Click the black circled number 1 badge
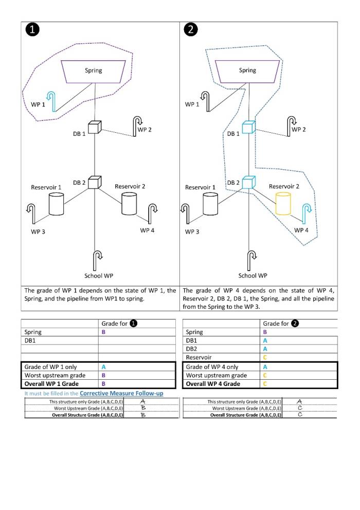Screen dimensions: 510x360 [x=32, y=30]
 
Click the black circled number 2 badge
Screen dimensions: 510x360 [x=190, y=30]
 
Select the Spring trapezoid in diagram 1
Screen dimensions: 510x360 [x=94, y=71]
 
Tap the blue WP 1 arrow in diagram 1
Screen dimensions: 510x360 [x=50, y=96]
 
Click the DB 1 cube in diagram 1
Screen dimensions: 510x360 [x=94, y=127]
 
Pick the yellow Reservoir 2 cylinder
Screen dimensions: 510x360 [x=283, y=203]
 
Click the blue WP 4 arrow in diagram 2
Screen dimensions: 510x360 [x=307, y=210]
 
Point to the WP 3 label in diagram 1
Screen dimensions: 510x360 [x=38, y=232]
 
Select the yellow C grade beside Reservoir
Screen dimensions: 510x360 [x=265, y=357]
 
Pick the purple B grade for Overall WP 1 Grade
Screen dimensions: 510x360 [x=103, y=384]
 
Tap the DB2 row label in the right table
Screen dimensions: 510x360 [x=192, y=349]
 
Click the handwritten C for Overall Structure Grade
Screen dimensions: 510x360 [x=299, y=414]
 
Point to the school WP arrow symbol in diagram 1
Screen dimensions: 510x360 [x=97, y=256]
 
